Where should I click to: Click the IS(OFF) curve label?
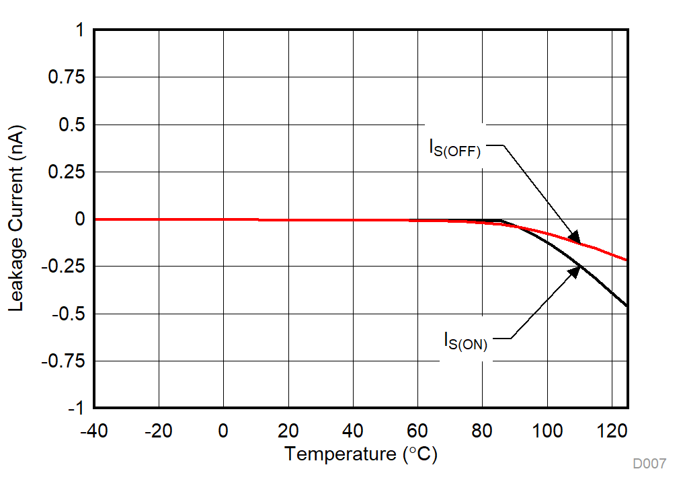pyautogui.click(x=455, y=147)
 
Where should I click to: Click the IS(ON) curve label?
pyautogui.click(x=465, y=341)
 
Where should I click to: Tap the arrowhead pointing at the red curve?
pyautogui.click(x=575, y=237)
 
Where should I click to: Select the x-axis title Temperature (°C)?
pyautogui.click(x=360, y=454)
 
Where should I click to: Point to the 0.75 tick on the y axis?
pyautogui.click(x=66, y=77)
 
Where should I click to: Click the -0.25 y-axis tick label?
pyautogui.click(x=64, y=267)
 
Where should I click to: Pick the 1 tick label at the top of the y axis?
pyautogui.click(x=79, y=31)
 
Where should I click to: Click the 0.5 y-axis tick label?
pyautogui.click(x=71, y=125)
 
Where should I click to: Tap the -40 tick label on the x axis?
pyautogui.click(x=93, y=431)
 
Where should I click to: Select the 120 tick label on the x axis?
pyautogui.click(x=612, y=431)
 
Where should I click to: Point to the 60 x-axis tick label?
pyautogui.click(x=417, y=431)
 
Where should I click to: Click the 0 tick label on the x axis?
pyautogui.click(x=223, y=431)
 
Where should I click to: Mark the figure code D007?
pyautogui.click(x=649, y=464)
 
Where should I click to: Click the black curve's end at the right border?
pyautogui.click(x=626, y=306)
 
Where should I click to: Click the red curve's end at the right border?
pyautogui.click(x=626, y=260)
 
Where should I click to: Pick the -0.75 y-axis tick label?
pyautogui.click(x=64, y=361)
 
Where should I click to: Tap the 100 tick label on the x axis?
pyautogui.click(x=547, y=431)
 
